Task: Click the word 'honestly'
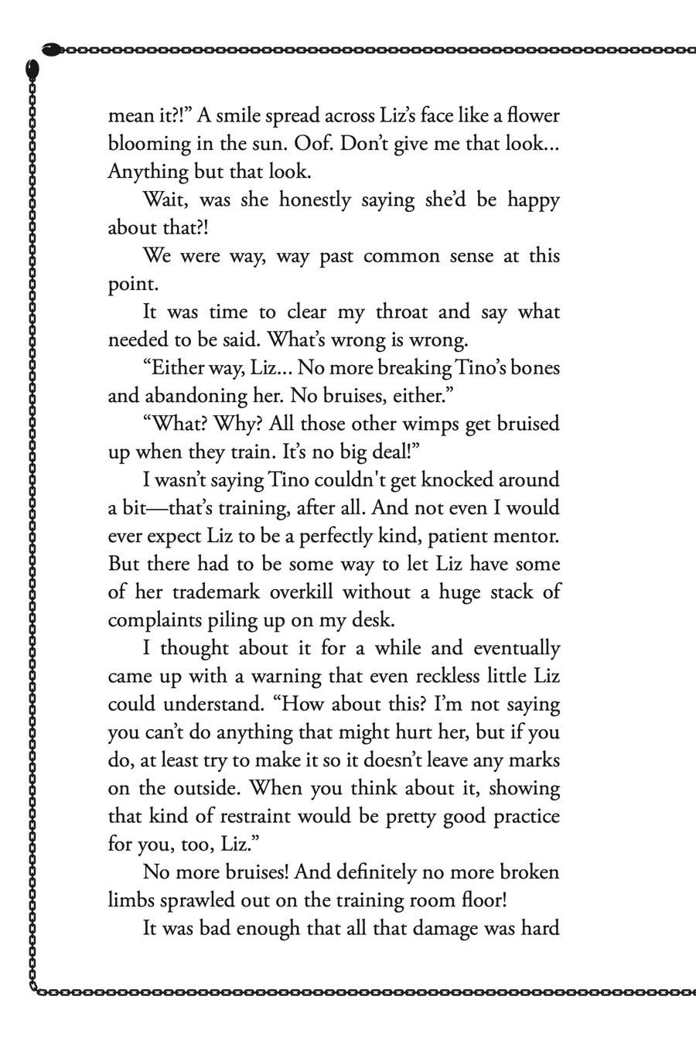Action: click(314, 200)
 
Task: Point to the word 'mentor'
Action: click(528, 536)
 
